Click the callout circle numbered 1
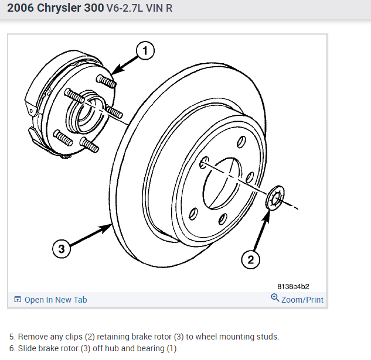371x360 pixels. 145,51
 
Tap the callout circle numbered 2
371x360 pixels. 250,259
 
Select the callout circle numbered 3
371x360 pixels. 62,249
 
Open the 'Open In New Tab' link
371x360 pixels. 55,300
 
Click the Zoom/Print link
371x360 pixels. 302,299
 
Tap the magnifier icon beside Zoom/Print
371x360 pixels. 275,298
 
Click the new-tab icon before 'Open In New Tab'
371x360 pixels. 18,300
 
